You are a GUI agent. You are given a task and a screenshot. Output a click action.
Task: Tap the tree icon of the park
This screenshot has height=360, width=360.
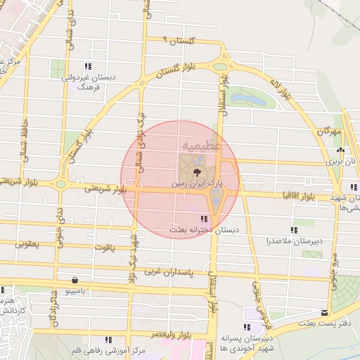point(197,171)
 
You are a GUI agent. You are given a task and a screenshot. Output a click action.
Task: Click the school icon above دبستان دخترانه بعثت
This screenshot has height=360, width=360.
point(204,219)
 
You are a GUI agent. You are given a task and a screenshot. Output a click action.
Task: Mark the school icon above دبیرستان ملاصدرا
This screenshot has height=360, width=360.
point(294,231)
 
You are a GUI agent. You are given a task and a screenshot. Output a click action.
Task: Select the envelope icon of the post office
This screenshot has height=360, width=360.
point(324,312)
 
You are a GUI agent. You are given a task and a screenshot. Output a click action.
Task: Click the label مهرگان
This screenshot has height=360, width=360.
point(328,132)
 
